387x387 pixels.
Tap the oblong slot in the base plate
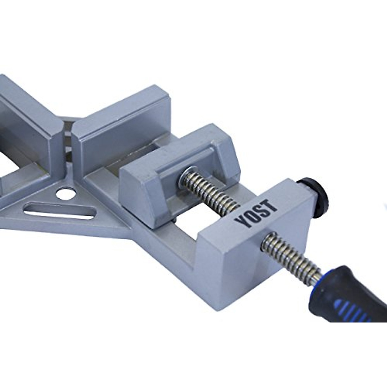pyautogui.click(x=59, y=211)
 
